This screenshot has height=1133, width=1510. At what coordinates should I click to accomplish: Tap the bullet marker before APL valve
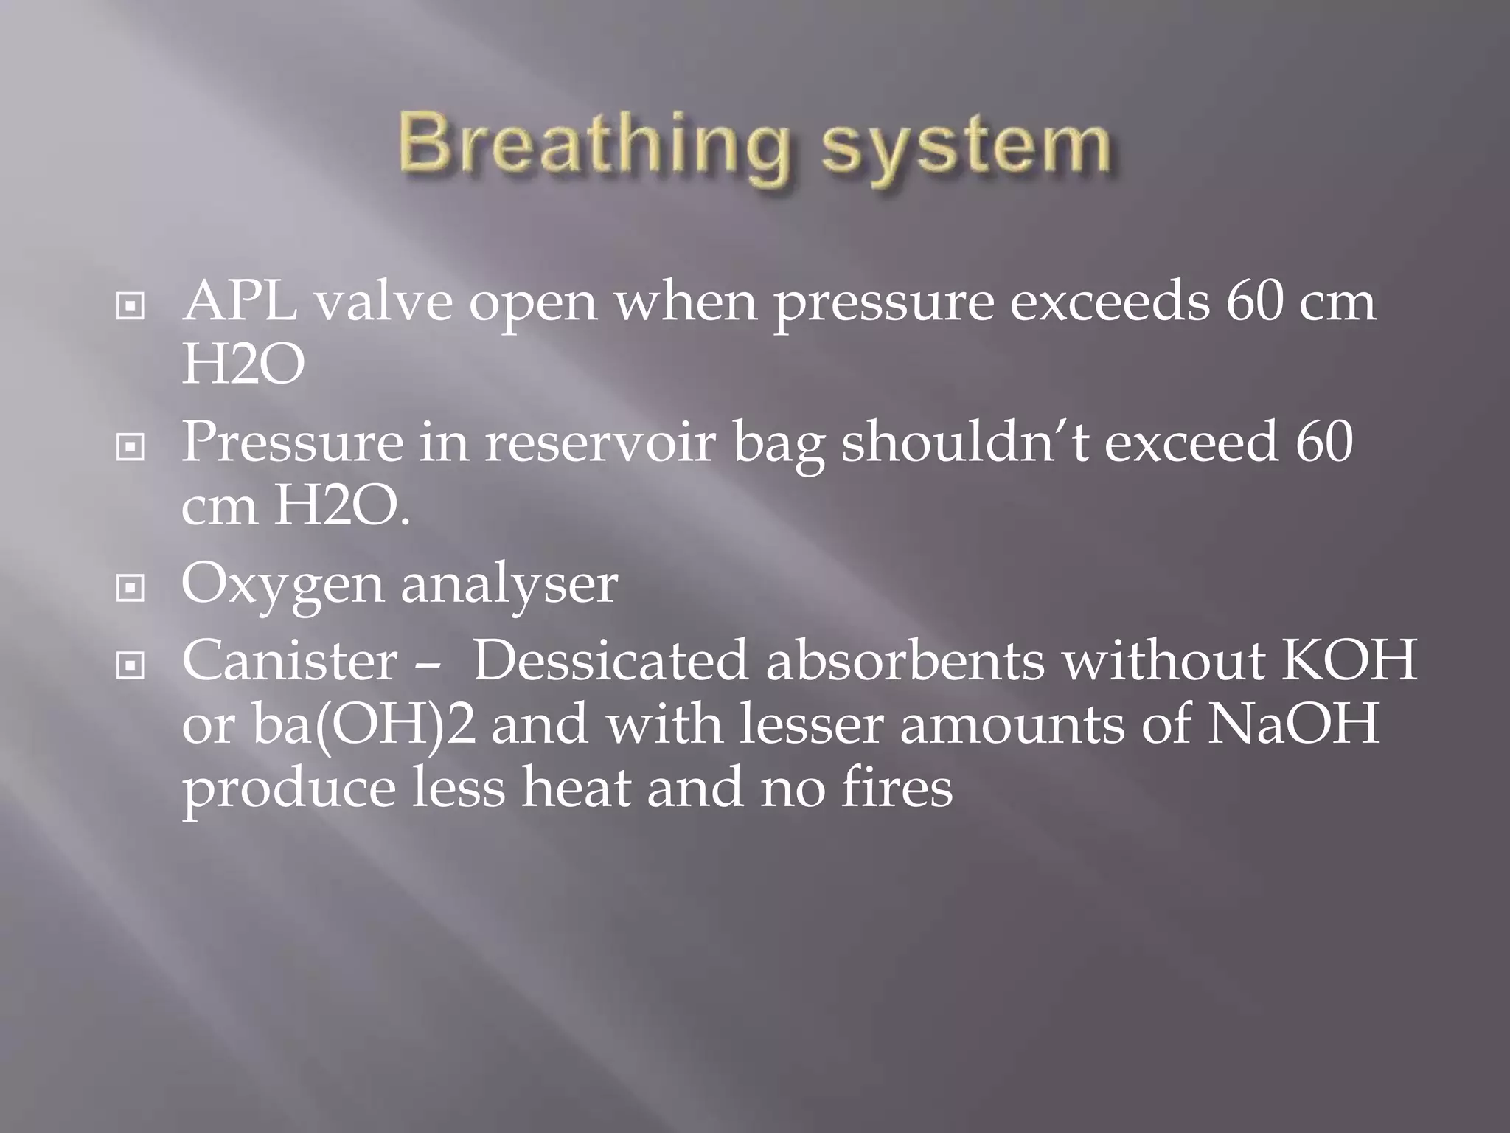pyautogui.click(x=131, y=306)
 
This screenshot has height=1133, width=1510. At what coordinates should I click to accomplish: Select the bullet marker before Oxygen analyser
pyautogui.click(x=131, y=588)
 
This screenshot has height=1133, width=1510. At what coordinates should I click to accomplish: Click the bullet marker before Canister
pyautogui.click(x=131, y=666)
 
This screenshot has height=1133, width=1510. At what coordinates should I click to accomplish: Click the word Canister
pyautogui.click(x=290, y=660)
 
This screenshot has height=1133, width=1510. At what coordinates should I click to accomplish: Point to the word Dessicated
pyautogui.click(x=610, y=660)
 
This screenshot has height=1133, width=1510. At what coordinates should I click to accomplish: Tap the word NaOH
pyautogui.click(x=1292, y=725)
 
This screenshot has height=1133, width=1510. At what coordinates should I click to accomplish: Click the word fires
pyautogui.click(x=896, y=788)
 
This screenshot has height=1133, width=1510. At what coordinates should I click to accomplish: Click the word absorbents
pyautogui.click(x=905, y=660)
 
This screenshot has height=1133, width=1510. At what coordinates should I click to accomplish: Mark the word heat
pyautogui.click(x=576, y=788)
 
